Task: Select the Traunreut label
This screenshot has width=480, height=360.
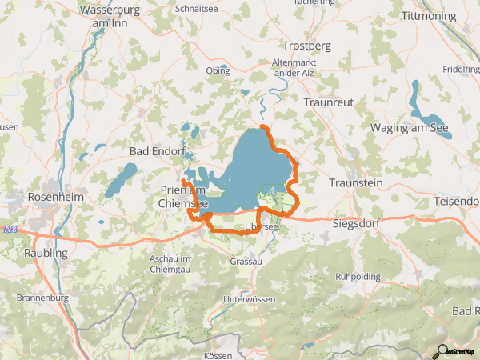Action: coord(328,102)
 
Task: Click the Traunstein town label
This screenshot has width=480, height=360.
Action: coord(356,183)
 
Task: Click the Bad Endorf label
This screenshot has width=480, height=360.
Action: coord(157,150)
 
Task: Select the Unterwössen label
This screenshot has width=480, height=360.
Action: coord(250,299)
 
